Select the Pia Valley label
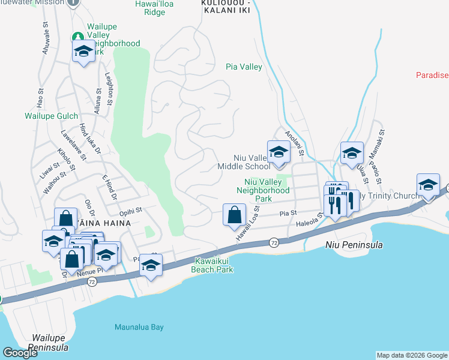coord(244,67)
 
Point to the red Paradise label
coord(432,75)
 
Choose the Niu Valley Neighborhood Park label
coord(267,190)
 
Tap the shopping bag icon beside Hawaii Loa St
coord(234,214)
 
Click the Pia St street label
coord(289,213)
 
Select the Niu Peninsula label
coord(354,245)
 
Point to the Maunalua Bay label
coord(139,327)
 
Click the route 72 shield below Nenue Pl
coord(91,281)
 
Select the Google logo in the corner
coord(20,353)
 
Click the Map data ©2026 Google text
coord(412,355)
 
